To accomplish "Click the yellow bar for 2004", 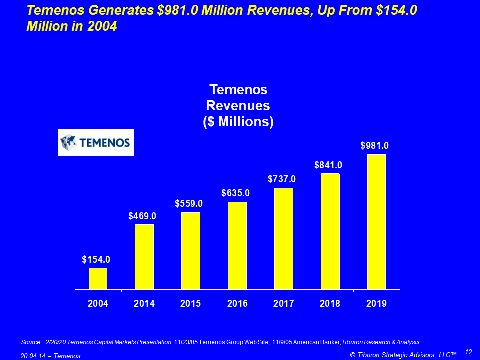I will coord(98,279).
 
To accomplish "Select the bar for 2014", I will coord(144,257).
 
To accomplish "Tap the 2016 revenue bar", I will coord(237,245).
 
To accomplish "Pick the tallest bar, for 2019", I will coord(376,222).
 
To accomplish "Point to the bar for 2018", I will coord(330,231).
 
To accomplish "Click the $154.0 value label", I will coord(96,259).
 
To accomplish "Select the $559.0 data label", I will coord(189,204).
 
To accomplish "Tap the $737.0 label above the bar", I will coord(282,179).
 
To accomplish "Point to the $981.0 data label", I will coord(375,146).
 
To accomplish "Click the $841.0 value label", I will coord(328,165).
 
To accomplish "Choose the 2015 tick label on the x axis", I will coord(191,303).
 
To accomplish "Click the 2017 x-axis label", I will coord(284,303).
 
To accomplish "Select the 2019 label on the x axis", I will coord(376,303).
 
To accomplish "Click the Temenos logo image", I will coord(96,142).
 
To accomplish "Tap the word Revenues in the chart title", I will coord(238,106).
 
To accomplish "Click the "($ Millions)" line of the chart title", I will coord(238,122).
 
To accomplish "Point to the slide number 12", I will coord(468,351).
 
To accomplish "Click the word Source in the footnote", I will coord(31,342).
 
